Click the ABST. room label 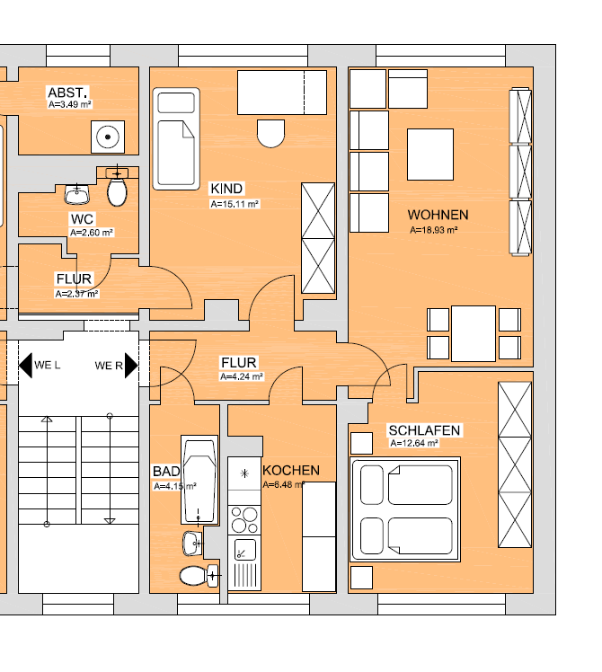pos(67,93)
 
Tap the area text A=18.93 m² pos(433,230)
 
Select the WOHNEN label pos(438,215)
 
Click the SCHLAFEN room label pos(424,430)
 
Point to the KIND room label pos(226,189)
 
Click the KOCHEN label pos(291,471)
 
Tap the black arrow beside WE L pos(25,365)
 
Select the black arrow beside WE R pos(131,365)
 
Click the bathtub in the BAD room pos(199,480)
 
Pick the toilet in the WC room pos(117,189)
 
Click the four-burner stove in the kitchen pos(244,520)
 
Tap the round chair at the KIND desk pos(271,133)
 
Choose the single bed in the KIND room pos(176,139)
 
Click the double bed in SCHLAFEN pos(405,509)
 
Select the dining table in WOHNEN pos(474,333)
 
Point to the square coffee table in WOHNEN pos(430,155)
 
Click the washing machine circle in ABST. pos(108,137)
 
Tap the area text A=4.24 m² pos(242,376)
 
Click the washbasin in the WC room pos(77,194)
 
